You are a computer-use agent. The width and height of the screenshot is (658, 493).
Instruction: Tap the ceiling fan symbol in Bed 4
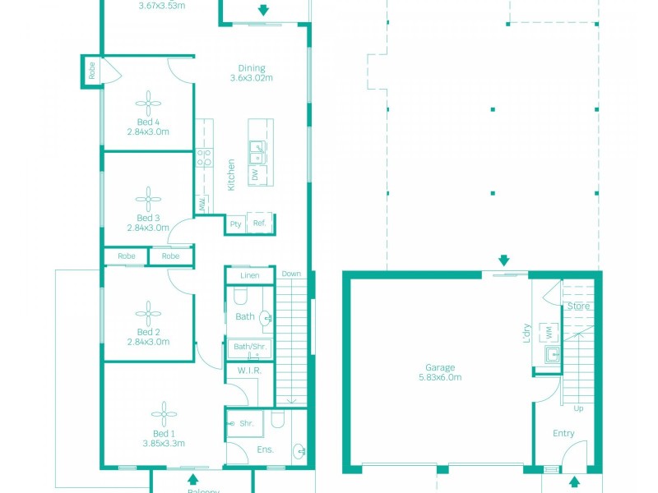pos(149,103)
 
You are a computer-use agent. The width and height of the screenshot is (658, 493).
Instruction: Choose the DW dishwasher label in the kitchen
pos(255,174)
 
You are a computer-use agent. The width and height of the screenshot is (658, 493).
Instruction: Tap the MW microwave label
pos(201,204)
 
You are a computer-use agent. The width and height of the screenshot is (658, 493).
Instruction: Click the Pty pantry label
pos(236,223)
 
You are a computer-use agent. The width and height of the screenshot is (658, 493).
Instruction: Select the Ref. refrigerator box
pos(259,223)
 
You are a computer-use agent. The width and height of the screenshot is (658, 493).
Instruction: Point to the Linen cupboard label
pos(249,275)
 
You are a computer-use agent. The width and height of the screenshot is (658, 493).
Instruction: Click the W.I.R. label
pos(249,371)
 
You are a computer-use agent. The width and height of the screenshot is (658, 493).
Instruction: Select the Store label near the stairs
pos(578,306)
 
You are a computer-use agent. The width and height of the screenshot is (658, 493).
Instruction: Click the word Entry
pos(563,433)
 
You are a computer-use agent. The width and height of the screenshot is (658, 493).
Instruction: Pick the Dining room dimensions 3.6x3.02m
pos(251,78)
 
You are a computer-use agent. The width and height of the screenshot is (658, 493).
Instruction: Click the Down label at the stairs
pos(291,274)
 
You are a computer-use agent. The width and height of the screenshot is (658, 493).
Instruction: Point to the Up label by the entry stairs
pos(578,408)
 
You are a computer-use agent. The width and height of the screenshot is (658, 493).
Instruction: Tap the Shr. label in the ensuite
pos(246,424)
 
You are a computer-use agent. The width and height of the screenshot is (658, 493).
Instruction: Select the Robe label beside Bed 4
pos(90,70)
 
